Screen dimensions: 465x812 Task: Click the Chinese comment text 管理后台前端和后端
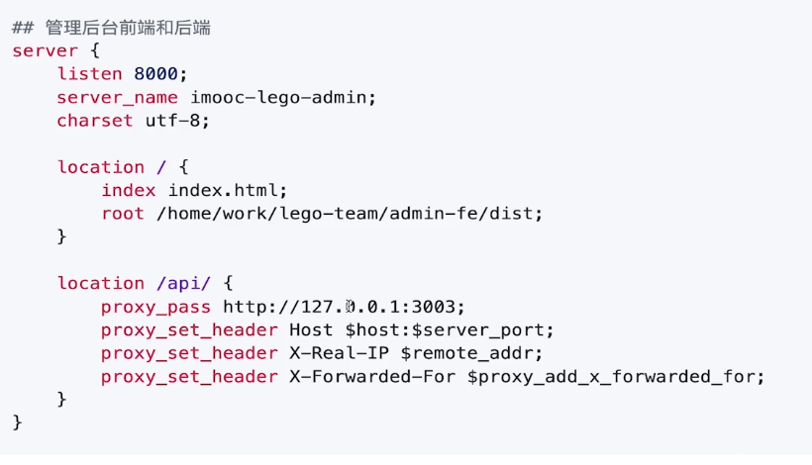128,28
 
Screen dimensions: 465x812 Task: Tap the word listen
90,74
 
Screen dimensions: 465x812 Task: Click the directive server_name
117,97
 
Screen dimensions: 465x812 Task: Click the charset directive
94,121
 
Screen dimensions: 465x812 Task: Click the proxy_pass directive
155,307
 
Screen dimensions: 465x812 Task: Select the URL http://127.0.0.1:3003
344,307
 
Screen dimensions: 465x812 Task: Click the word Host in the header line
310,329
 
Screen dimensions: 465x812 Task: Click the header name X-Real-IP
338,353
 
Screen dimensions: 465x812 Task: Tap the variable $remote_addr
471,353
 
